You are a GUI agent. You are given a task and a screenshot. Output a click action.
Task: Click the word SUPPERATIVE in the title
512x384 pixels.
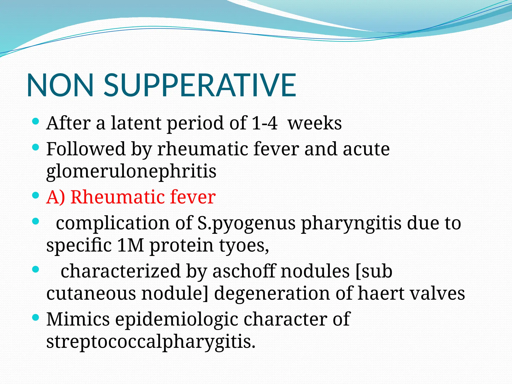(x=200, y=85)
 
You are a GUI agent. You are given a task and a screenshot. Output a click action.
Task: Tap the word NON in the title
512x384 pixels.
(x=60, y=85)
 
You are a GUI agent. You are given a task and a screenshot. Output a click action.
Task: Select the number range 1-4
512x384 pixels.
(x=264, y=123)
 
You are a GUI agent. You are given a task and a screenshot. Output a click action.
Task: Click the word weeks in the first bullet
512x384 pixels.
(x=314, y=123)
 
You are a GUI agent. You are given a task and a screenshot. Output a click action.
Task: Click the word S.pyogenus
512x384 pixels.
(x=246, y=223)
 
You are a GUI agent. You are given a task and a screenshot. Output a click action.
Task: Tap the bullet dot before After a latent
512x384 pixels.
(x=36, y=122)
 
